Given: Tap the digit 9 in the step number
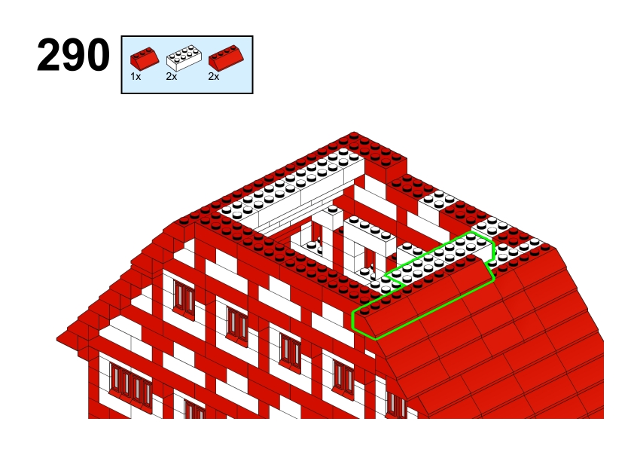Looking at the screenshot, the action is (73, 56).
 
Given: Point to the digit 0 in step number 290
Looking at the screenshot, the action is (97, 56).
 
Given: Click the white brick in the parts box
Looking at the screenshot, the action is (184, 59).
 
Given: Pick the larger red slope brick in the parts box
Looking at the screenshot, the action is (226, 57).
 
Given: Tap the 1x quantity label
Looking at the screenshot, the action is (136, 76).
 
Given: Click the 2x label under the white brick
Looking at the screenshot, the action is (172, 76).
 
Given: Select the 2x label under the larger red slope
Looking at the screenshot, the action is (214, 76).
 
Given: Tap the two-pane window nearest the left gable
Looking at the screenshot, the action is (184, 298).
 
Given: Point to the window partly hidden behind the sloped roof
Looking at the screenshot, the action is (397, 405).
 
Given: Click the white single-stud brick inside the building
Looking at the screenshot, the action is (333, 217).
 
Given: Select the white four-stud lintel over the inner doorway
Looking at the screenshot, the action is (370, 232).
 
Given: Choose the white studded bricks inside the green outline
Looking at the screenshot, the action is (440, 255).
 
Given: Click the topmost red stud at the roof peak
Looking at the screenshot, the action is (354, 135).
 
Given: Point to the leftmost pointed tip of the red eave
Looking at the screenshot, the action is (57, 338).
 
